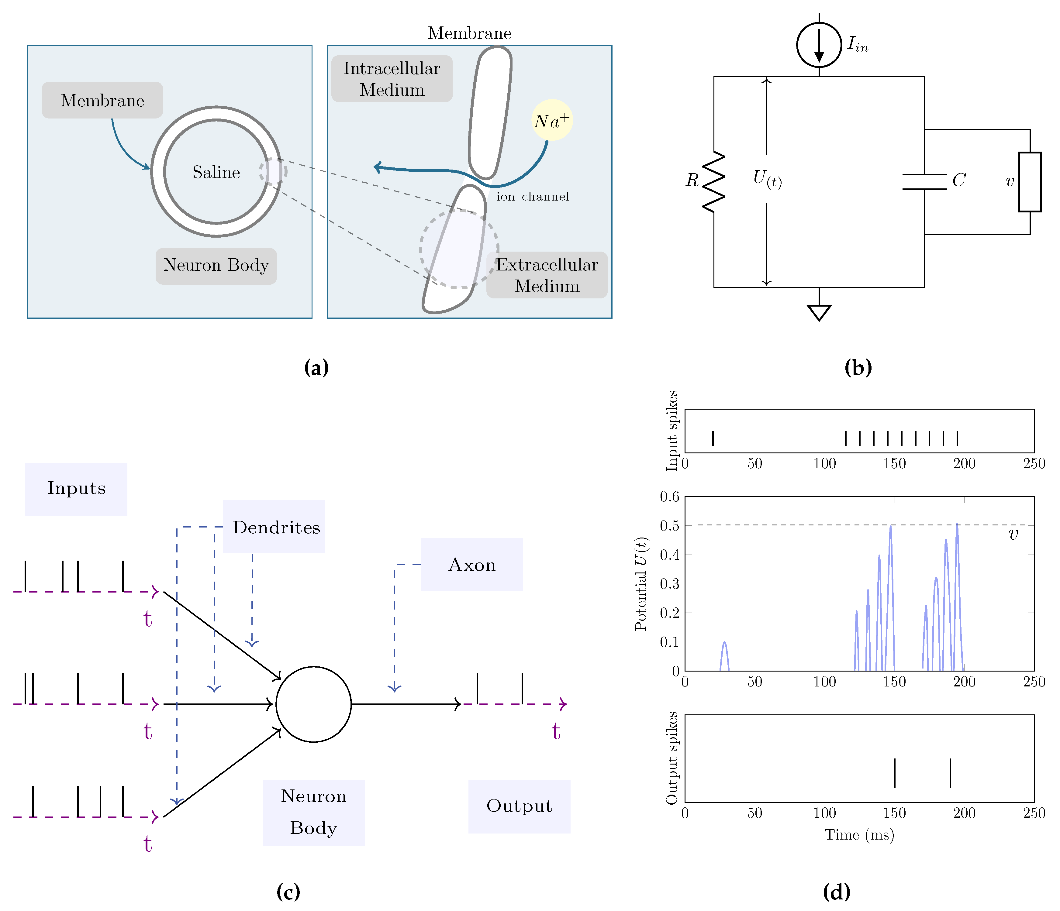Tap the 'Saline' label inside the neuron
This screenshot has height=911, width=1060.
coord(216,172)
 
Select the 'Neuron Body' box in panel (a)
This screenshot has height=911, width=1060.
coord(216,266)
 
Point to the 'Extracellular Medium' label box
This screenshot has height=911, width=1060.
coord(547,275)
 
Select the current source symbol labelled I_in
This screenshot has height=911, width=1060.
coord(819,45)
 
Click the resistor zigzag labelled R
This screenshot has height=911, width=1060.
coord(714,182)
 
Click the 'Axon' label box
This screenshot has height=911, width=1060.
coord(472,564)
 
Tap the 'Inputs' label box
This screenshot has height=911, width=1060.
coord(76,489)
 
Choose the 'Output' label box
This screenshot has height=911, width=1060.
coord(519,806)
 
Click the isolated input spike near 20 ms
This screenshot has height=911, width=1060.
coord(713,438)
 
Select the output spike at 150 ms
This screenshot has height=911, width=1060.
coord(894,773)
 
